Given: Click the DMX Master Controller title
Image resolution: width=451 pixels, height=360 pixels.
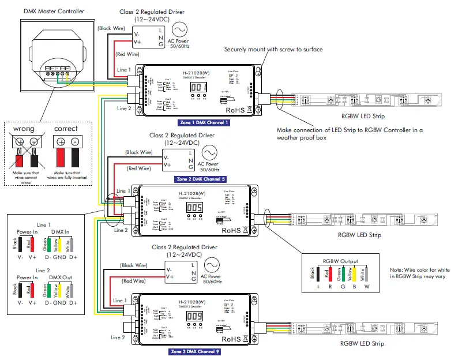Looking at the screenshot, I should pos(54,12).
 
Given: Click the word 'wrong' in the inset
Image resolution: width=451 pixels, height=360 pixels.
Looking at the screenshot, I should pos(25,128).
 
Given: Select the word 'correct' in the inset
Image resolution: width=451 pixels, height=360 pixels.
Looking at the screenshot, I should pos(66,128).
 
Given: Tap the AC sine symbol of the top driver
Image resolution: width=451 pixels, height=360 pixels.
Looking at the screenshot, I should pos(179,29).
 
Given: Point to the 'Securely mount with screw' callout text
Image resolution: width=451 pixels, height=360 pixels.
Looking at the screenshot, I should pos(273,49).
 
